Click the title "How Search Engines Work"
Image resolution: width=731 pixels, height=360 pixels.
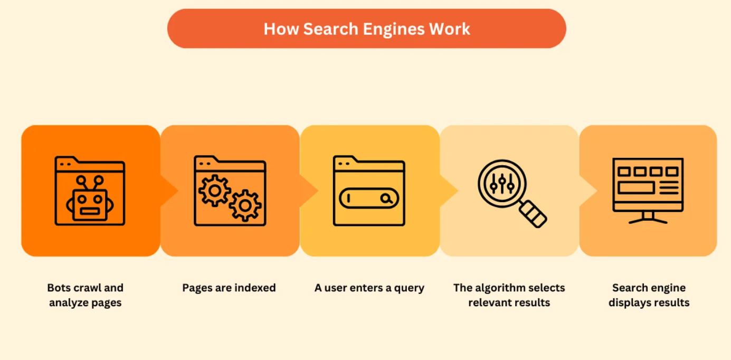[x=366, y=29]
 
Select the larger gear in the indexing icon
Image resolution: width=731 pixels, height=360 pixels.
[x=244, y=205]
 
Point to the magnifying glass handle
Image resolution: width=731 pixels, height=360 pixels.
[x=533, y=214]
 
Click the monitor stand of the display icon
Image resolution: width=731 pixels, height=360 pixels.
[x=648, y=217]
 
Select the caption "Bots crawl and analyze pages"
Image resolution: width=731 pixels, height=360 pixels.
[x=86, y=295]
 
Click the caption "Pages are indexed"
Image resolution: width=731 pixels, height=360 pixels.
[x=229, y=288]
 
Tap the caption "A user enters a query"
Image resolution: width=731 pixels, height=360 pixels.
[x=369, y=288]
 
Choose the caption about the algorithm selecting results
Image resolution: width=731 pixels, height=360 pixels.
[x=509, y=295]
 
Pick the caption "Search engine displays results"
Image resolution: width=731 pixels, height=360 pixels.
[x=649, y=295]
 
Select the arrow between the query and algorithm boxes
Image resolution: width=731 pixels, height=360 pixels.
[x=449, y=191]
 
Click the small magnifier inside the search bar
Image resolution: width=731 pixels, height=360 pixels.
[x=387, y=199]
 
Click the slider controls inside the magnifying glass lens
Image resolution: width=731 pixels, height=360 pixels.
[x=501, y=183]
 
